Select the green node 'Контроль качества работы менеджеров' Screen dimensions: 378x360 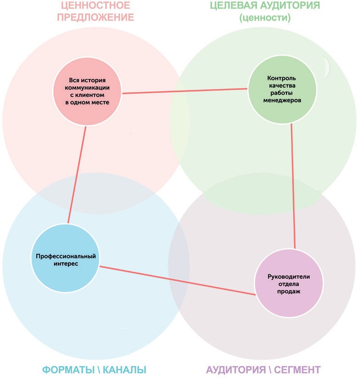pyautogui.click(x=281, y=89)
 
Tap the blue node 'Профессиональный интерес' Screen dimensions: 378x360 pyautogui.click(x=66, y=260)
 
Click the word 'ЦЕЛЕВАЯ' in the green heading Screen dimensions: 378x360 pyautogui.click(x=234, y=6)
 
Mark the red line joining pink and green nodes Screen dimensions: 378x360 pyautogui.click(x=185, y=91)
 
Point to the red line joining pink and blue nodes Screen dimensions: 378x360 pyautogui.click(x=77, y=175)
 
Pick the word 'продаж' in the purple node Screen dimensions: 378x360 pyautogui.click(x=289, y=291)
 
